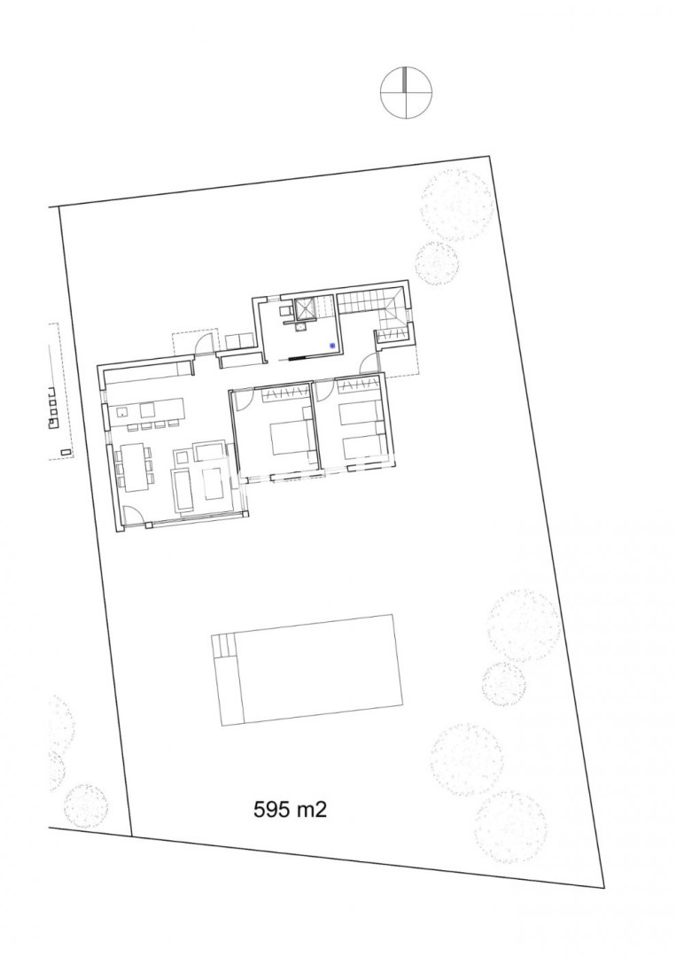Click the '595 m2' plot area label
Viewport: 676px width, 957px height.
pos(290,809)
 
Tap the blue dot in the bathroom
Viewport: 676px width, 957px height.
pos(332,346)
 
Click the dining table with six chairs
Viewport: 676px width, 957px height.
pos(134,466)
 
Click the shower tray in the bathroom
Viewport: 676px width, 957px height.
pos(305,309)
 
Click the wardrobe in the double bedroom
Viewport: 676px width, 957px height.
pos(284,394)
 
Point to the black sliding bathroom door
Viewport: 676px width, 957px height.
pos(300,358)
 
